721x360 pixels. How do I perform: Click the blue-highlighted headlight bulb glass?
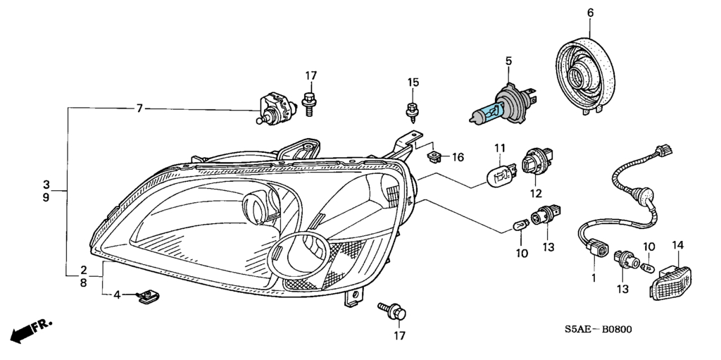pyautogui.click(x=490, y=112)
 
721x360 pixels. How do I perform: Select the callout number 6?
pyautogui.click(x=590, y=13)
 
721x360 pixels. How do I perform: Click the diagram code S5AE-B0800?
pyautogui.click(x=598, y=329)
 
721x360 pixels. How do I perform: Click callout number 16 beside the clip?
pyautogui.click(x=458, y=157)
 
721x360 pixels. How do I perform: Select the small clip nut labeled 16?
pyautogui.click(x=434, y=157)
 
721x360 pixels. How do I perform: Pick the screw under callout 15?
pyautogui.click(x=413, y=112)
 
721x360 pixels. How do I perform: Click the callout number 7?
pyautogui.click(x=139, y=108)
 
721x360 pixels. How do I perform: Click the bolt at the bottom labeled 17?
pyautogui.click(x=392, y=311)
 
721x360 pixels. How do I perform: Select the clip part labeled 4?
pyautogui.click(x=148, y=297)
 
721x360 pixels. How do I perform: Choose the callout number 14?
pyautogui.click(x=678, y=245)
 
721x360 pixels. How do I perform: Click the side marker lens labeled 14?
pyautogui.click(x=671, y=283)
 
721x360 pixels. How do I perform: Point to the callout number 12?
pyautogui.click(x=536, y=194)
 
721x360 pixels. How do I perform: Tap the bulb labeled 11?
pyautogui.click(x=501, y=175)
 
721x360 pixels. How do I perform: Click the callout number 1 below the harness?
pyautogui.click(x=593, y=278)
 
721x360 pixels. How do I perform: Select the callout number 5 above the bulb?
pyautogui.click(x=508, y=61)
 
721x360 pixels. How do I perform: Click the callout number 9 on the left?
pyautogui.click(x=46, y=197)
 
